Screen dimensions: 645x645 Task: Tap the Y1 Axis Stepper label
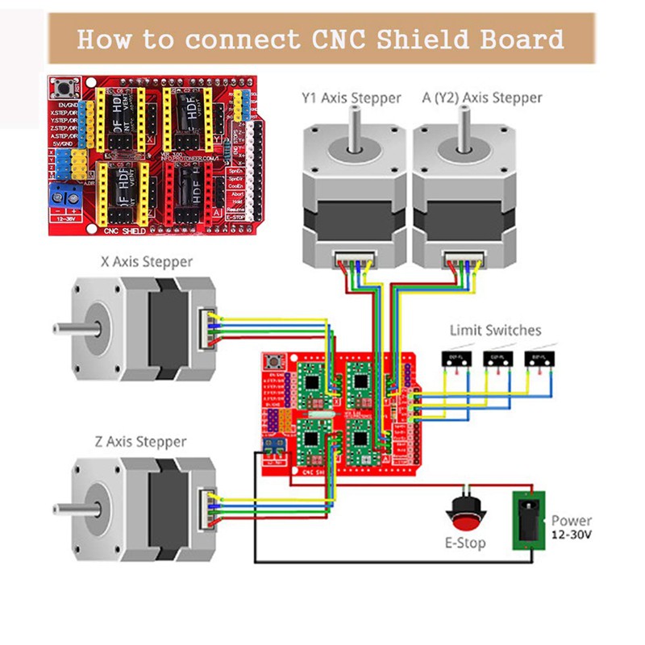tap(350, 98)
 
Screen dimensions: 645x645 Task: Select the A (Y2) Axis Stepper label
tap(482, 98)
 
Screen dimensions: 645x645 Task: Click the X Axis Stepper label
tap(147, 262)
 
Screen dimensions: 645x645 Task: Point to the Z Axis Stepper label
tap(139, 442)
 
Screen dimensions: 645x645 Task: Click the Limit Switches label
tap(496, 330)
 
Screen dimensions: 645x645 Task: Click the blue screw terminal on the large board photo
tap(65, 194)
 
